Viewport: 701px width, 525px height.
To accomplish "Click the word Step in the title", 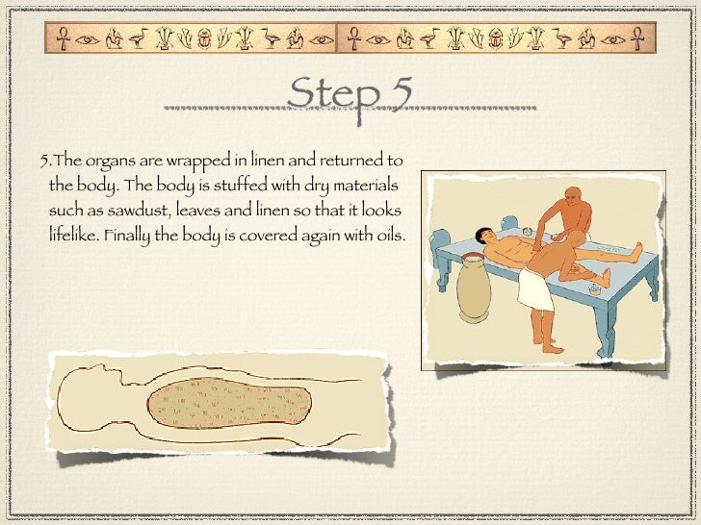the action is click(333, 96).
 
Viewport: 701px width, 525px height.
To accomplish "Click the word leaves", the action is click(198, 210).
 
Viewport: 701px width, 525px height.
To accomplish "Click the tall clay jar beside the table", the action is click(474, 287).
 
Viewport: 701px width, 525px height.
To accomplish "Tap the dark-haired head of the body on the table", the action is click(484, 236).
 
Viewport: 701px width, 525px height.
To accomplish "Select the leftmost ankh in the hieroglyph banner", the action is click(63, 38).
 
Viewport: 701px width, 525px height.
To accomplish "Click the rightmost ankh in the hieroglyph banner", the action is click(637, 38).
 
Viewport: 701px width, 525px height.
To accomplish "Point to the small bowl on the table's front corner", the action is click(594, 289).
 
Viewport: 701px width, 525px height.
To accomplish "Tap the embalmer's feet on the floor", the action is click(547, 344).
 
